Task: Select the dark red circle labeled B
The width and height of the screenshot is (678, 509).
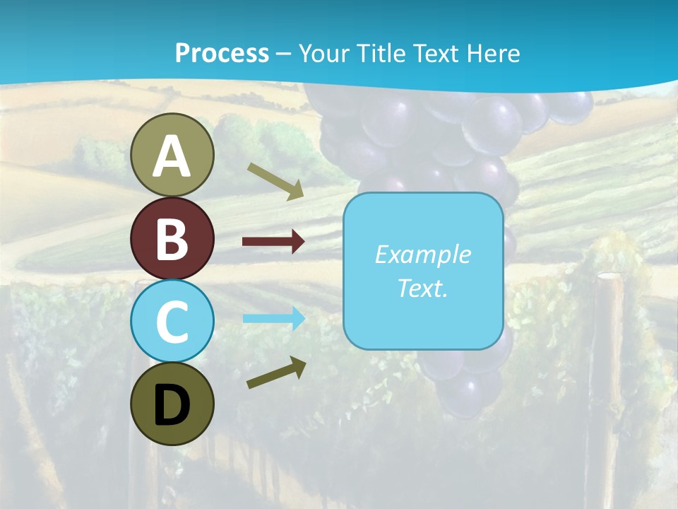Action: (x=172, y=239)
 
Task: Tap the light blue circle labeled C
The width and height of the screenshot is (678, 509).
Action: (x=172, y=321)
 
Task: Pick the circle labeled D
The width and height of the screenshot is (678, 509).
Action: (x=172, y=404)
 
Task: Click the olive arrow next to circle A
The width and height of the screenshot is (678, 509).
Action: (x=275, y=181)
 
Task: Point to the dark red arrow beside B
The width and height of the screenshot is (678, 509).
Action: (x=273, y=242)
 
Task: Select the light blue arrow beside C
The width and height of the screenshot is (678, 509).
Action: (x=273, y=319)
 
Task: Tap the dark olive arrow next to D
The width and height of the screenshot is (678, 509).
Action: (x=276, y=373)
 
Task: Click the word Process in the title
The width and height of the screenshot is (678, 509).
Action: (x=222, y=53)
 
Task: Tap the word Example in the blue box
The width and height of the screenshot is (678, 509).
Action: (x=422, y=255)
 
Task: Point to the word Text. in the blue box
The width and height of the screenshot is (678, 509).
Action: (x=422, y=288)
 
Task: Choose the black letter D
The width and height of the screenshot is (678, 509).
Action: (x=172, y=405)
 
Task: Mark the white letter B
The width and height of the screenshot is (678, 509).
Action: (x=172, y=239)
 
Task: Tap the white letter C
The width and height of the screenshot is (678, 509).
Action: (x=172, y=322)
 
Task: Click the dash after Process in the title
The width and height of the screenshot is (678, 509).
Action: (x=283, y=54)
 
